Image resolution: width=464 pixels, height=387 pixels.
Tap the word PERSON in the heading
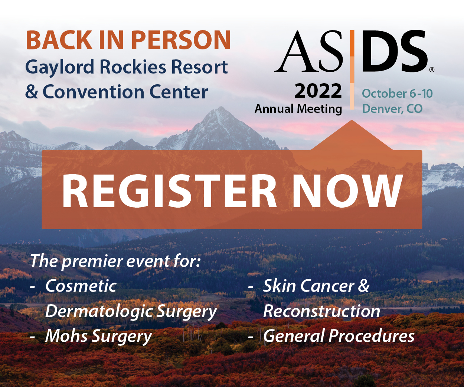(x=181, y=40)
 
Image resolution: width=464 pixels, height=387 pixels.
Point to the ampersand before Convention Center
(x=32, y=92)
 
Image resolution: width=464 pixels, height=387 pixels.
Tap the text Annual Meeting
(x=298, y=109)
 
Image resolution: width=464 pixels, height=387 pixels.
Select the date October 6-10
(x=397, y=94)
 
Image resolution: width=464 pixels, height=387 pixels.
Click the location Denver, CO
(x=392, y=109)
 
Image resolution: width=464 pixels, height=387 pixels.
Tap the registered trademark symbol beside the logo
(x=432, y=70)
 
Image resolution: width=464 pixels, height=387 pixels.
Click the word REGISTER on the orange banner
(x=169, y=191)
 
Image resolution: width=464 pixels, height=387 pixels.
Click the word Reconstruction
(x=321, y=311)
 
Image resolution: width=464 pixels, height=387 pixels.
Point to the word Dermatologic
(x=99, y=312)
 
